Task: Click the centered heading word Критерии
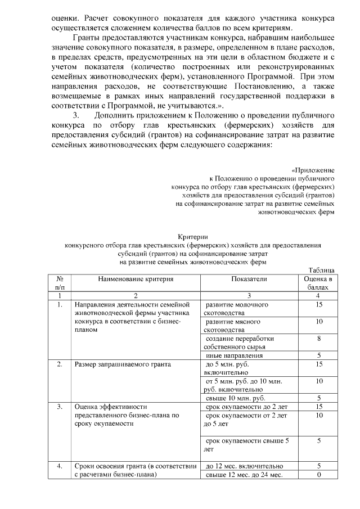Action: pyautogui.click(x=193, y=238)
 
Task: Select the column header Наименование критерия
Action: pyautogui.click(x=135, y=279)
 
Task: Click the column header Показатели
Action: pyautogui.click(x=249, y=279)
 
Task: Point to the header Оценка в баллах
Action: pyautogui.click(x=318, y=283)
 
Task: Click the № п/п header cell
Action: pyautogui.click(x=59, y=283)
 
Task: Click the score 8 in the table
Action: pyautogui.click(x=318, y=339)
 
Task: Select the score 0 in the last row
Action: pyautogui.click(x=318, y=475)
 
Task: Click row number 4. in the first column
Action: pyautogui.click(x=59, y=466)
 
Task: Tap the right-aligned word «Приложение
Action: pyautogui.click(x=313, y=169)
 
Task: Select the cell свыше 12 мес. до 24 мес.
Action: pyautogui.click(x=243, y=475)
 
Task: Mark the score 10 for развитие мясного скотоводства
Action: pyautogui.click(x=318, y=321)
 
